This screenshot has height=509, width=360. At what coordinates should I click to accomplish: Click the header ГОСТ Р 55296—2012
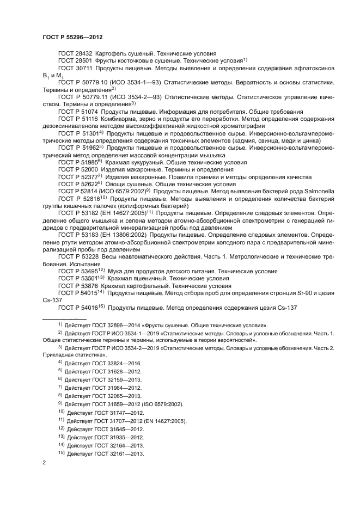point(72,36)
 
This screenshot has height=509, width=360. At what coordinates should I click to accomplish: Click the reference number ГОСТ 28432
point(76,53)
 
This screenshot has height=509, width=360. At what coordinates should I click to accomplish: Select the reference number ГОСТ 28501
point(76,60)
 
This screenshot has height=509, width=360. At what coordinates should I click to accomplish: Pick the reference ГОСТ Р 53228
point(78,256)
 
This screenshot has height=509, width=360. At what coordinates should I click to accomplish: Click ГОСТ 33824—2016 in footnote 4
point(118,361)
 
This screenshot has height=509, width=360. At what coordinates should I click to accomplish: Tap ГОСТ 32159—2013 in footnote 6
point(118,379)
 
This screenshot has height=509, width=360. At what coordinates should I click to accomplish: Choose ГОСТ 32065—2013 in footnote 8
point(118,396)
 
